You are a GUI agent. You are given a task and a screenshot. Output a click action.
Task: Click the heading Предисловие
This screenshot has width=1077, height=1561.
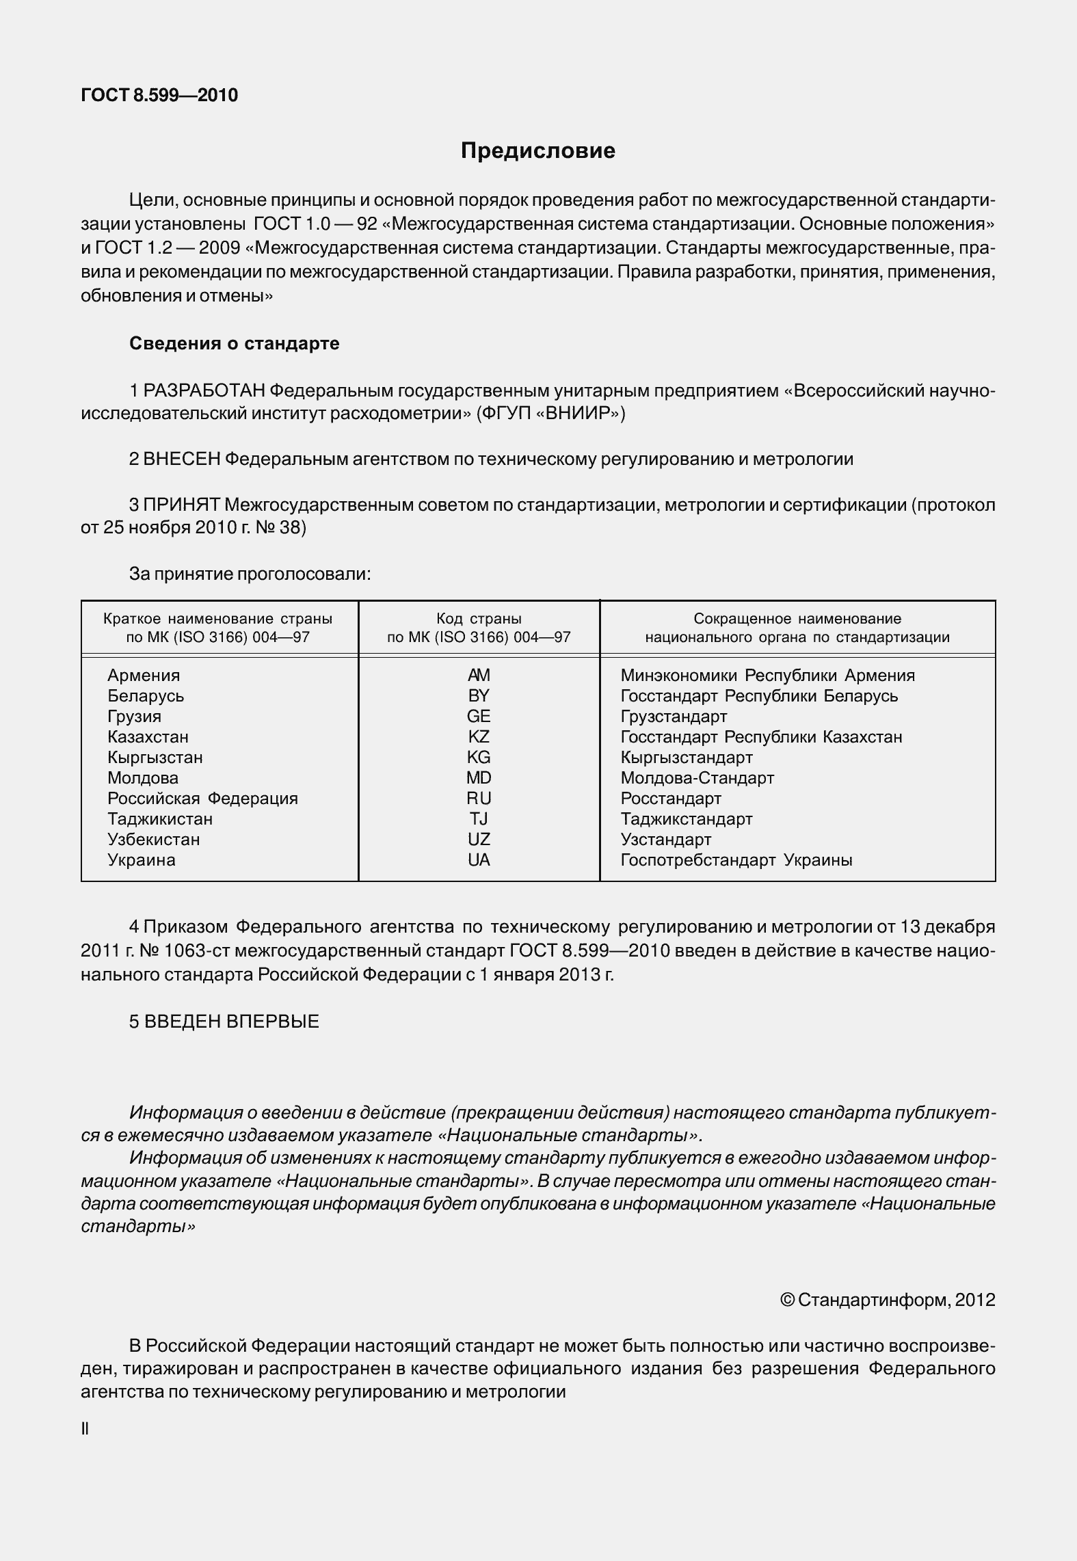point(537,150)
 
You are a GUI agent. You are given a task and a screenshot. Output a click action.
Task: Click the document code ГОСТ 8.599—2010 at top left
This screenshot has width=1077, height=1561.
point(159,95)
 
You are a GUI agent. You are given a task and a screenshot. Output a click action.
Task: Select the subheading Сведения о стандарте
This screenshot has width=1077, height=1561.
point(234,343)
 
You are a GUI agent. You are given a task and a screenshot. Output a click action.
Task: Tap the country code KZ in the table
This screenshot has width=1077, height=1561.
point(479,736)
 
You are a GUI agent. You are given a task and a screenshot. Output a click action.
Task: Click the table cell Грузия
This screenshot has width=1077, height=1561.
point(134,716)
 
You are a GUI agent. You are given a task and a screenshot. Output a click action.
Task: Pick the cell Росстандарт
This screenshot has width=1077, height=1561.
point(671,798)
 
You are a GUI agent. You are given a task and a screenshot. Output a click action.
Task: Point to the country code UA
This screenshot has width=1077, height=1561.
point(479,859)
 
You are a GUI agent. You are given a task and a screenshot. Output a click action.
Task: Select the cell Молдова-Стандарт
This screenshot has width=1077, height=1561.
point(697,777)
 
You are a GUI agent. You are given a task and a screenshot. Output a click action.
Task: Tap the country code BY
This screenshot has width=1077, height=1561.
point(479,695)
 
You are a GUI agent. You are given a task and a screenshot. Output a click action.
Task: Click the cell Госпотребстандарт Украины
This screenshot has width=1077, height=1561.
point(736,859)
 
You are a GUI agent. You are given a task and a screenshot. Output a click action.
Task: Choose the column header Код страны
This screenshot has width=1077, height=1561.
point(479,619)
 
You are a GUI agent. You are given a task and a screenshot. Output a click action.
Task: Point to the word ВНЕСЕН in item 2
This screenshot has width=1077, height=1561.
point(182,459)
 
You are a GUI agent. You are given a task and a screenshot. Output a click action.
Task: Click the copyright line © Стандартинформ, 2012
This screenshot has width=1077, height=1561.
point(887,1299)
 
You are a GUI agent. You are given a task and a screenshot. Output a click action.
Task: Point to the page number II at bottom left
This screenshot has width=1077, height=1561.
point(85,1429)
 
